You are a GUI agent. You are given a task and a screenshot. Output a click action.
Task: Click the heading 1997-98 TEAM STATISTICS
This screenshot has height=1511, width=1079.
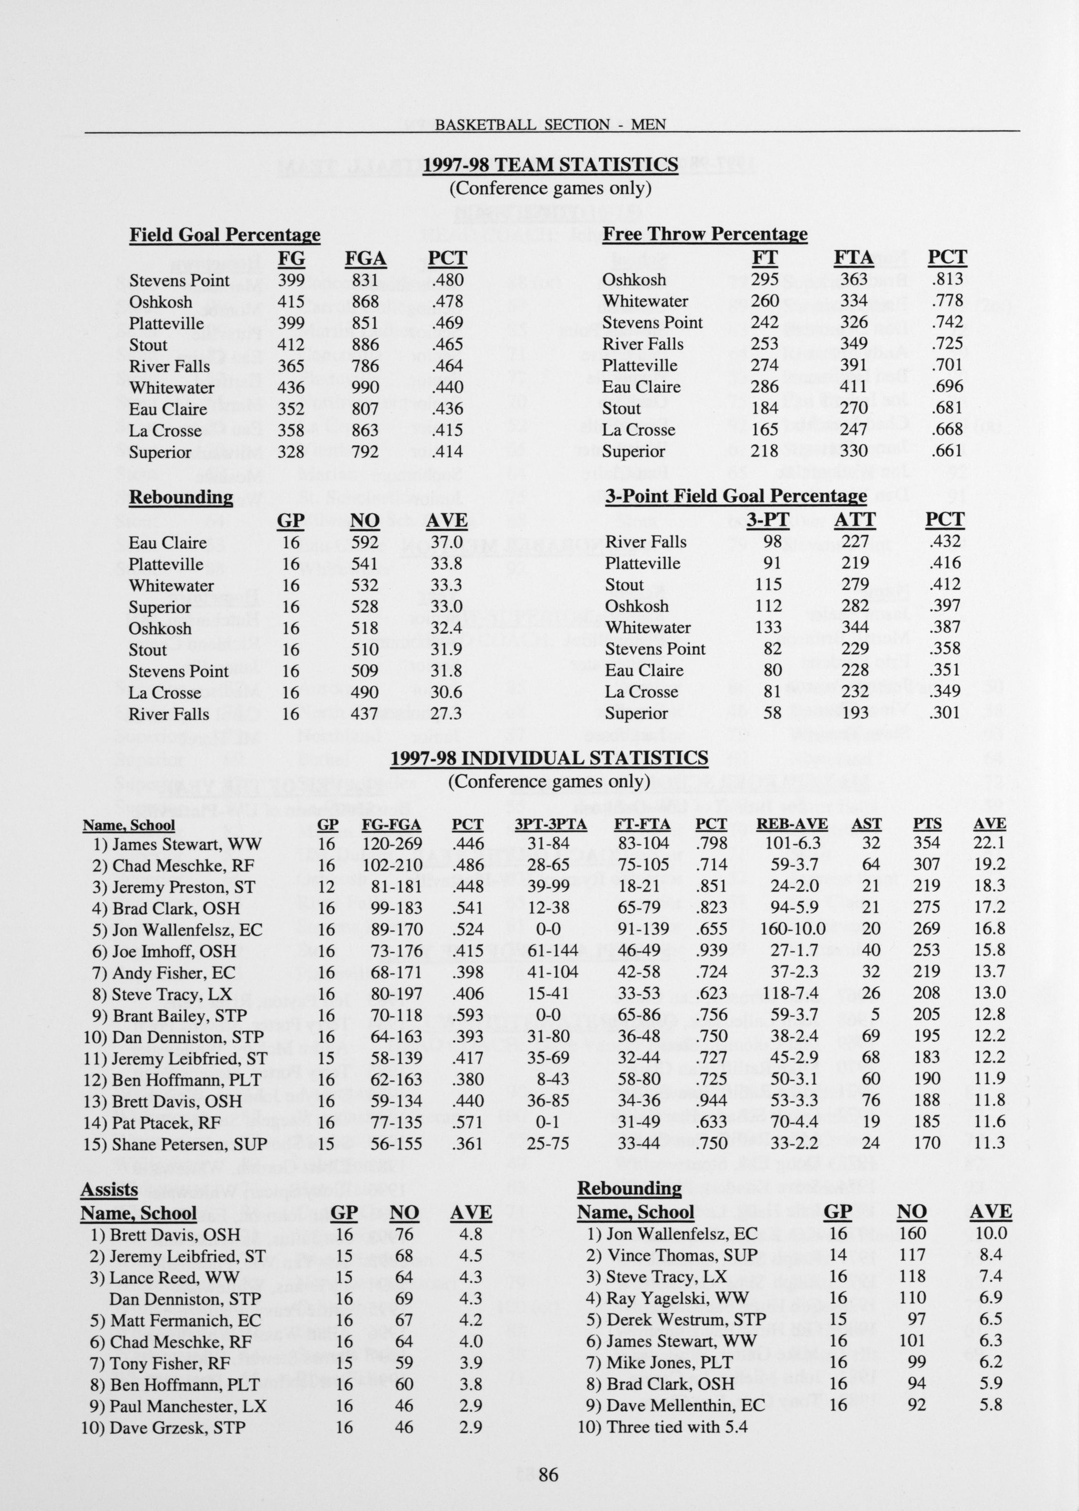click(551, 164)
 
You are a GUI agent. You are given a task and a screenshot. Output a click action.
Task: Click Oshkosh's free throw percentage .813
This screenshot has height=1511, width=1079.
click(947, 280)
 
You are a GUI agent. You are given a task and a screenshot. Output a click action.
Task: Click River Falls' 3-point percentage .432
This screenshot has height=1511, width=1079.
click(945, 542)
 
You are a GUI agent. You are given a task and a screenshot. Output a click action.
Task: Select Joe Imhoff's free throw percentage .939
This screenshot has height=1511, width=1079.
click(711, 950)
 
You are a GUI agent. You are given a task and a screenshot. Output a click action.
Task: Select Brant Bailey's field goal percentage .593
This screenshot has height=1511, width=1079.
click(467, 1015)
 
